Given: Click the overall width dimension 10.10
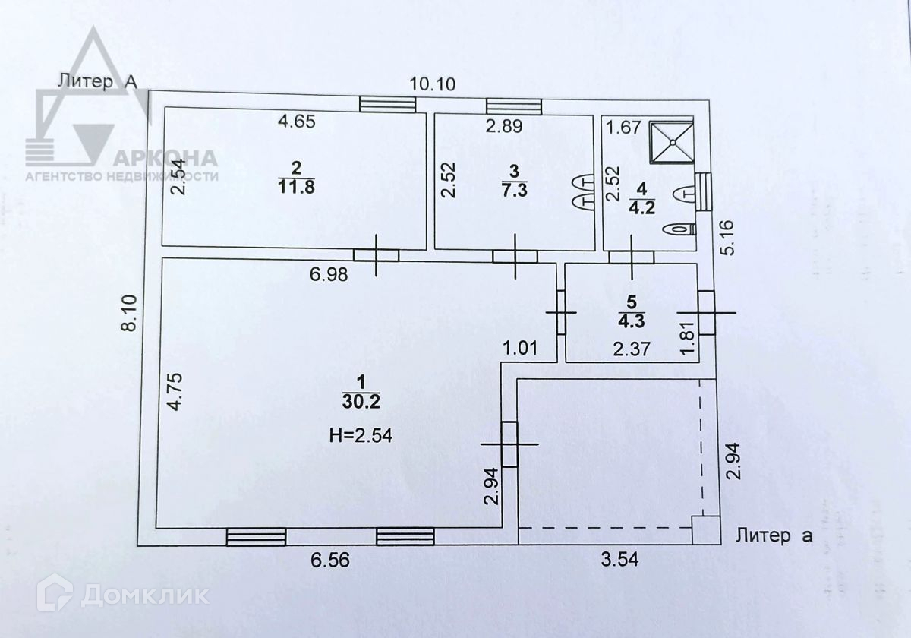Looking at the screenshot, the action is point(433,84).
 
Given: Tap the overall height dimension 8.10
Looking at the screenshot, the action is point(130,312).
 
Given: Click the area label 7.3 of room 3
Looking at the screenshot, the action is point(515,189).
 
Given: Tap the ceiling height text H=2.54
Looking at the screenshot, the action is point(361,435).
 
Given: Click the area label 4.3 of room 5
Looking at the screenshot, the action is point(631,320).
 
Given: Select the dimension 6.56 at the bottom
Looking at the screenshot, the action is point(332,561).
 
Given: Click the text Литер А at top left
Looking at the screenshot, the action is point(96,81).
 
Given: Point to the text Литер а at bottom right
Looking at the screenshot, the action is point(774,535).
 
